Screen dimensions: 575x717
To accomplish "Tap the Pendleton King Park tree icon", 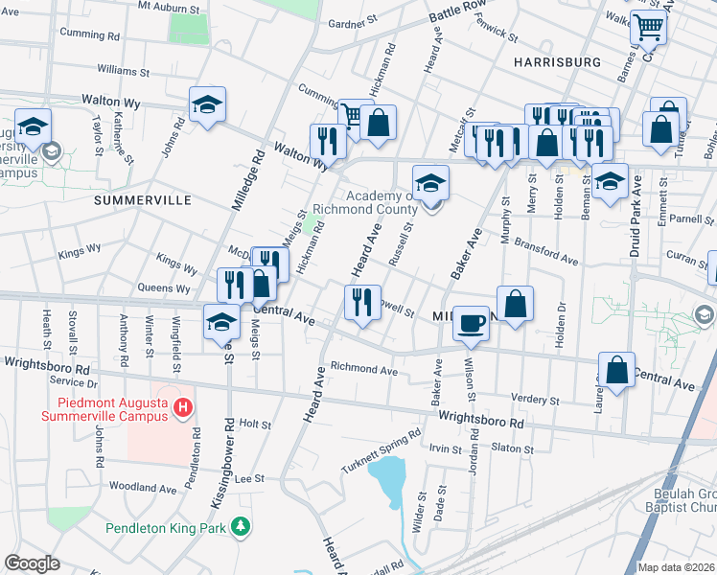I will coord(243,527).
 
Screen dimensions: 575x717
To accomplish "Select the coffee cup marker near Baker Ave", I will coord(470,324).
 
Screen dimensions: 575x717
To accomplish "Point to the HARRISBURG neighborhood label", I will coord(557,61).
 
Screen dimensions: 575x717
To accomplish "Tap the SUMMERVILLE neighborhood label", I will coord(143,199).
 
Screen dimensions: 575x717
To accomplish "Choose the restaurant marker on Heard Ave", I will coord(362,303).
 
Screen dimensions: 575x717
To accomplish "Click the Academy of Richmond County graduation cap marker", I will coord(430,182).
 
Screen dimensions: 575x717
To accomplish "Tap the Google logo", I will coord(32,563).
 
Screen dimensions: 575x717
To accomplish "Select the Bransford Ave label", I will coord(546,252).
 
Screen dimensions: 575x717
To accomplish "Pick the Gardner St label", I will coord(354,21).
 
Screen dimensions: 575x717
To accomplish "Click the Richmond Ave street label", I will coord(363,369).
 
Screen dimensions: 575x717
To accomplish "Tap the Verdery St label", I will coord(509,398).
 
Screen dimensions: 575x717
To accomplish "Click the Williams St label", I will coord(124,71).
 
